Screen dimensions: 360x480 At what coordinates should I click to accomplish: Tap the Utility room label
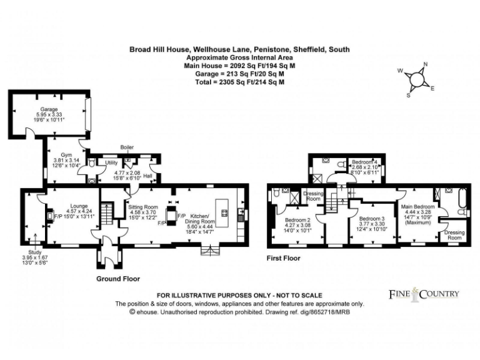pyautogui.click(x=111, y=162)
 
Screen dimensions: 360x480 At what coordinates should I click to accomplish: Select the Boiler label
pyautogui.click(x=127, y=147)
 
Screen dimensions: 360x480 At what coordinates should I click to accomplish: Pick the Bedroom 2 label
pyautogui.click(x=298, y=220)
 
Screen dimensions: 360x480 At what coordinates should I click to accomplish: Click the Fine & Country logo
pyautogui.click(x=424, y=294)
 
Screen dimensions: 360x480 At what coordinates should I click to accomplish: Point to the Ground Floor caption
pyautogui.click(x=118, y=279)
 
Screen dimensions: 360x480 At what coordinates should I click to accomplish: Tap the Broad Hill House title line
pyautogui.click(x=239, y=49)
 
